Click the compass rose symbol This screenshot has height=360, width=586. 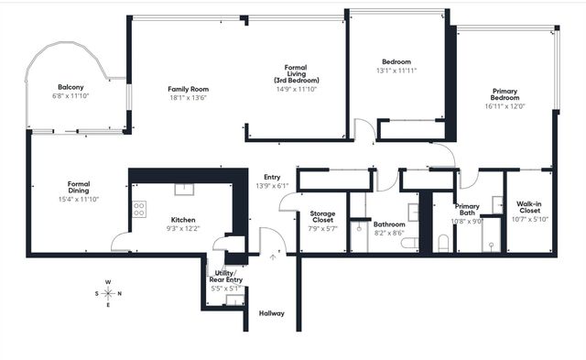click(x=109, y=293)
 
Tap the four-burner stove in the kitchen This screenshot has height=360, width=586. click(x=139, y=209)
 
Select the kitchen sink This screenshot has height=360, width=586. click(x=181, y=189)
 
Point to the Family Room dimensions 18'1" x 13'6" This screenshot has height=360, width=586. click(x=188, y=99)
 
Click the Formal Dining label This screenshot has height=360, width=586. click(x=78, y=188)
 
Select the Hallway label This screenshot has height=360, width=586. click(x=272, y=313)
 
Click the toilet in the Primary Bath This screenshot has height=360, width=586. click(x=443, y=242)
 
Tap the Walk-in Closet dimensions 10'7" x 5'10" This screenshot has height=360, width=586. click(x=530, y=218)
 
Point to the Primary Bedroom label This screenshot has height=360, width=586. click(x=506, y=95)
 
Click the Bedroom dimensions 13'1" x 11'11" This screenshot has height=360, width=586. click(x=396, y=71)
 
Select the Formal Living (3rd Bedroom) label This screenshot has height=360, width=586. click(x=295, y=74)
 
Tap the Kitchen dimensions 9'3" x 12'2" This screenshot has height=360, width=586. click(x=184, y=229)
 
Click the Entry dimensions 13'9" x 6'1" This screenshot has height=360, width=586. click(x=272, y=186)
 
